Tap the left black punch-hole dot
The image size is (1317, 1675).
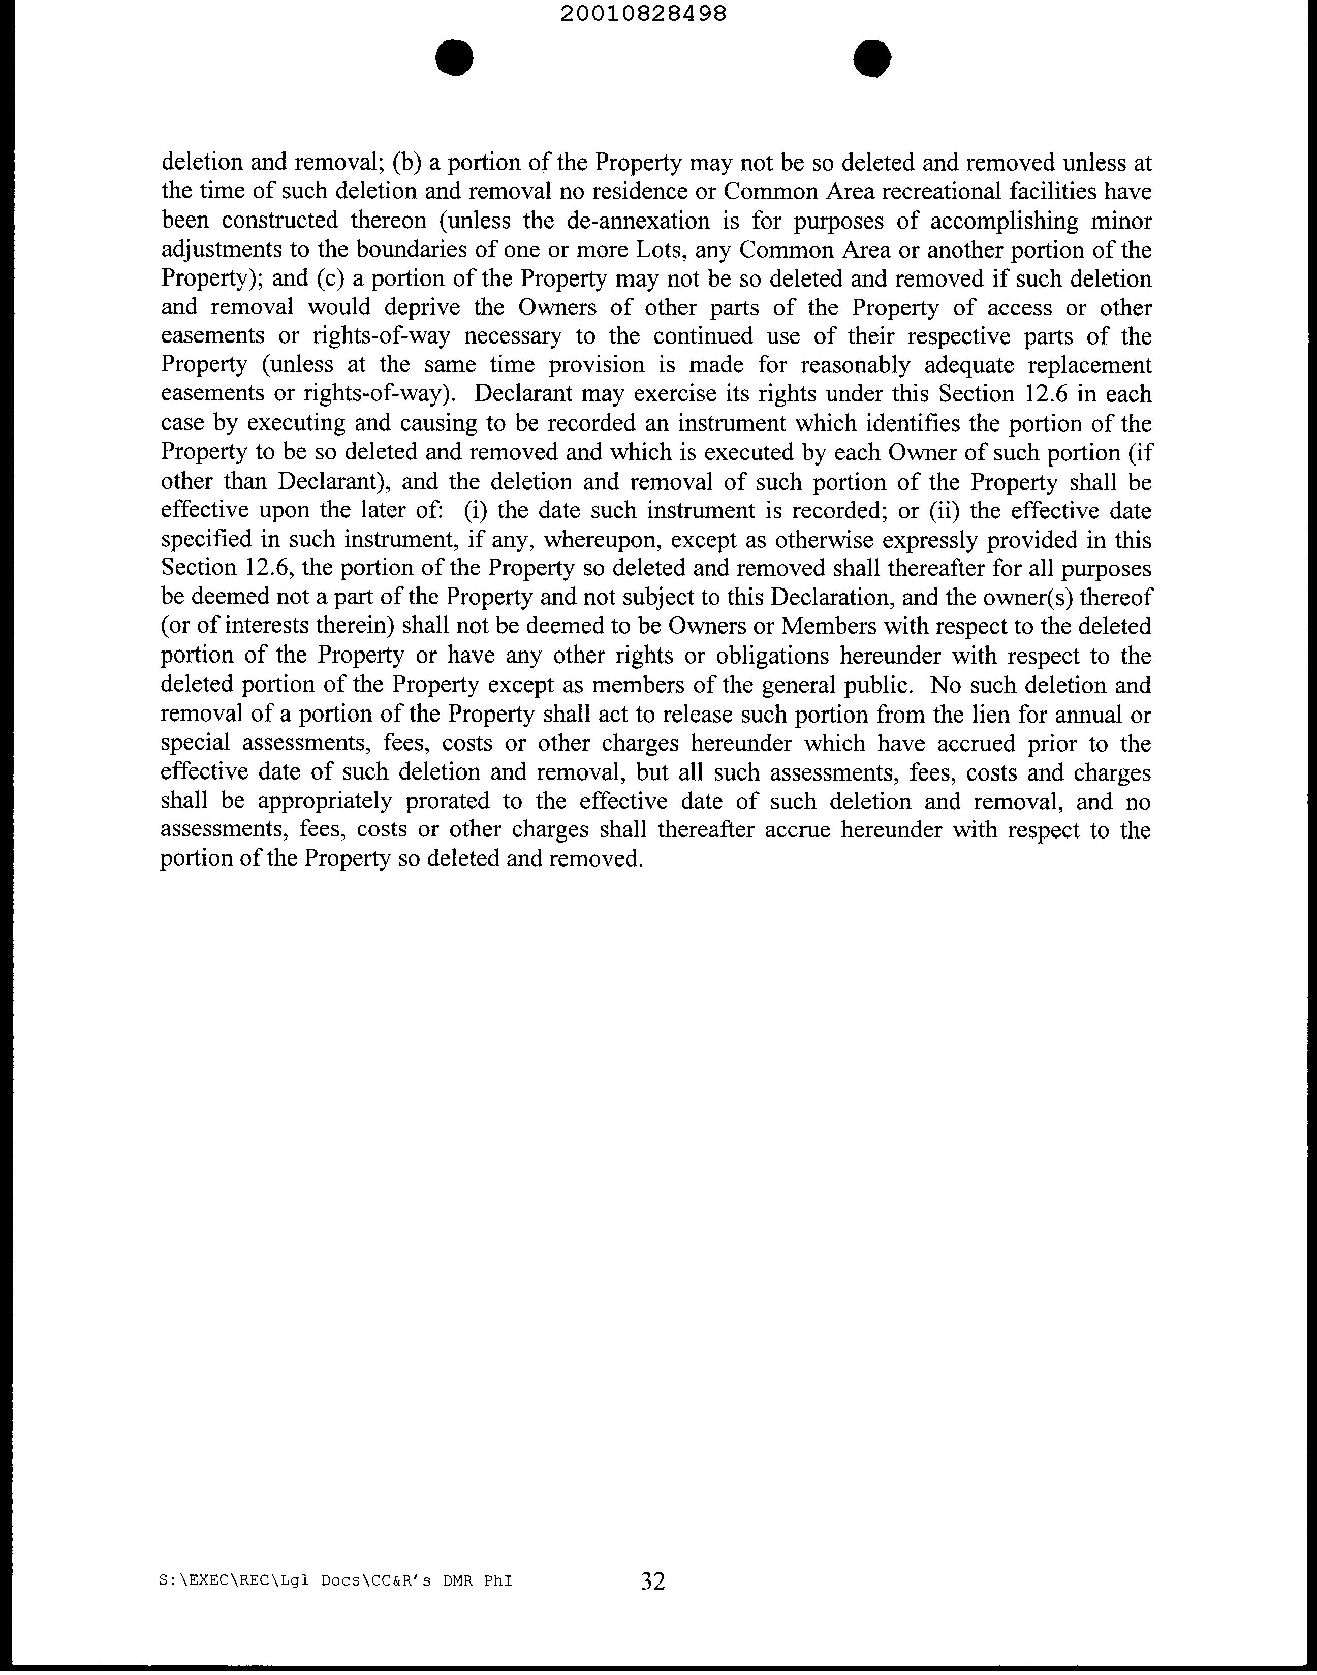[x=454, y=58]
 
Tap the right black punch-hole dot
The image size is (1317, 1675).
[x=873, y=58]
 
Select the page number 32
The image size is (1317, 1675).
[x=652, y=1581]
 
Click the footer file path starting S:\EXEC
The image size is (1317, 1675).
[x=335, y=1581]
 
